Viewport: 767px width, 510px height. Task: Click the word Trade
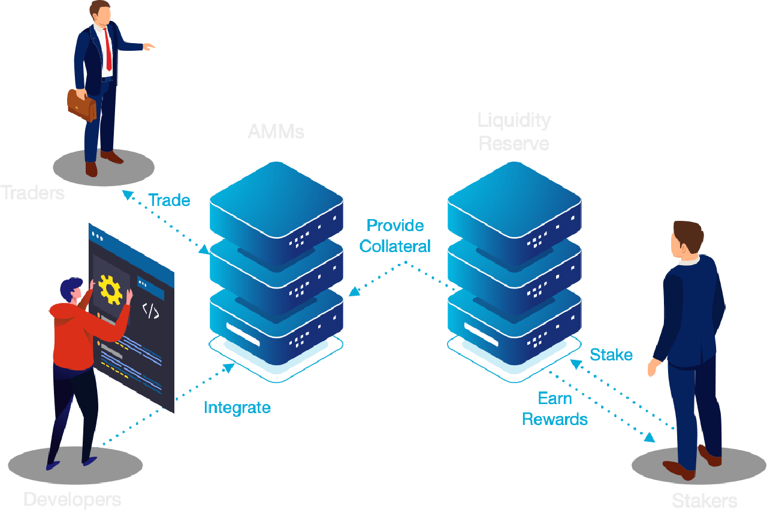[x=169, y=200]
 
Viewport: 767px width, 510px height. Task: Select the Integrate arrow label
[x=237, y=408]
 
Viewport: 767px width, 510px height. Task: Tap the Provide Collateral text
[x=395, y=236]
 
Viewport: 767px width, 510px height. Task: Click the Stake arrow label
[x=611, y=354]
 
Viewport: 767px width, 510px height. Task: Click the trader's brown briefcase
[x=81, y=105]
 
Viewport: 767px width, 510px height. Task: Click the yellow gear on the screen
[x=111, y=289]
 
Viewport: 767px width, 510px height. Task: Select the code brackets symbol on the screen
[x=150, y=311]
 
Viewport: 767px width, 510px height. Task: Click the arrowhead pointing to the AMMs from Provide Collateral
[x=354, y=292]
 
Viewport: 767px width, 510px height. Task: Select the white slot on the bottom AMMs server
[x=243, y=333]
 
